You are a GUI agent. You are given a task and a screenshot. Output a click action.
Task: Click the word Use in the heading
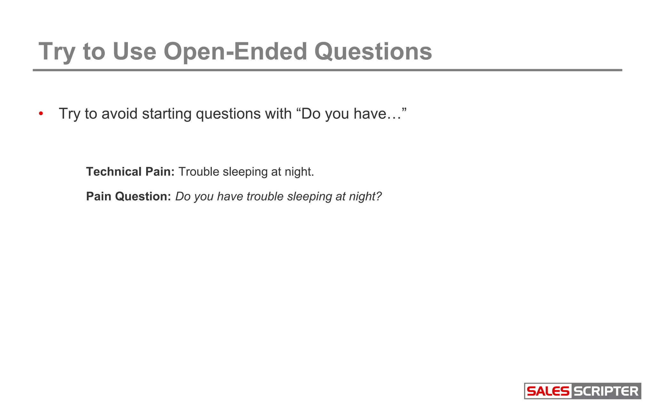point(134,51)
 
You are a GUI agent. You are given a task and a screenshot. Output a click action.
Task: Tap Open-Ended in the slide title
point(235,51)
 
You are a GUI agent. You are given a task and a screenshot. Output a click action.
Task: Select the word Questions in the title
point(373,51)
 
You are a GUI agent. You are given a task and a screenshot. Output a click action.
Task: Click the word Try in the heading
point(57,51)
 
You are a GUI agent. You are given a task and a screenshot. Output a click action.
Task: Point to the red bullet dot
point(41,114)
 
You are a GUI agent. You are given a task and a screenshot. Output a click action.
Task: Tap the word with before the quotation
point(278,114)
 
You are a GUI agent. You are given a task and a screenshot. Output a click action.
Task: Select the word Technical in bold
point(114,172)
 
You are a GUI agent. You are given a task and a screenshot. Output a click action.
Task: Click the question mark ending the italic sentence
point(379,197)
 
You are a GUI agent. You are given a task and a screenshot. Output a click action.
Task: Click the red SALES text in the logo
point(548,391)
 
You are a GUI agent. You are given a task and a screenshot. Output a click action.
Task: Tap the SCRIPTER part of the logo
point(606,391)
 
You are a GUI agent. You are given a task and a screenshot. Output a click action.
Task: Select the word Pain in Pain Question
point(99,197)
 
